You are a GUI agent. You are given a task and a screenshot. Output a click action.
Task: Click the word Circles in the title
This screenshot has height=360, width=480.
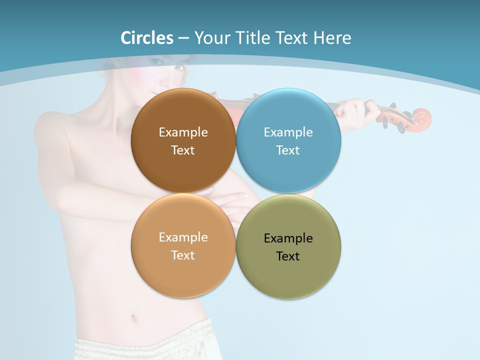coord(147,38)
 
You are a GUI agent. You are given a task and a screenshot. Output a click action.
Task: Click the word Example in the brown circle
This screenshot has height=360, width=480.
coord(183,132)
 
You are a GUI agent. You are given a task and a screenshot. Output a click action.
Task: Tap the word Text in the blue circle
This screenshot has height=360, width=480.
coord(288,150)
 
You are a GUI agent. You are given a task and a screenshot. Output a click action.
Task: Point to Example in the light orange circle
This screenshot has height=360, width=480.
coord(183,237)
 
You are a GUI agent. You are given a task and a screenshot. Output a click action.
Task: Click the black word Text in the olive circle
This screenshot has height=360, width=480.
coord(288,256)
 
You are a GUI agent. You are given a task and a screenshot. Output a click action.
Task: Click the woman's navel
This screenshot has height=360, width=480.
coord(133,318)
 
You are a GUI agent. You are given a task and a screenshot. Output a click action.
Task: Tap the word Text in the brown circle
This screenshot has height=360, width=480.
coord(183,150)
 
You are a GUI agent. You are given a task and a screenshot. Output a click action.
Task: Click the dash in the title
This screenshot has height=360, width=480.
coord(183,38)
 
